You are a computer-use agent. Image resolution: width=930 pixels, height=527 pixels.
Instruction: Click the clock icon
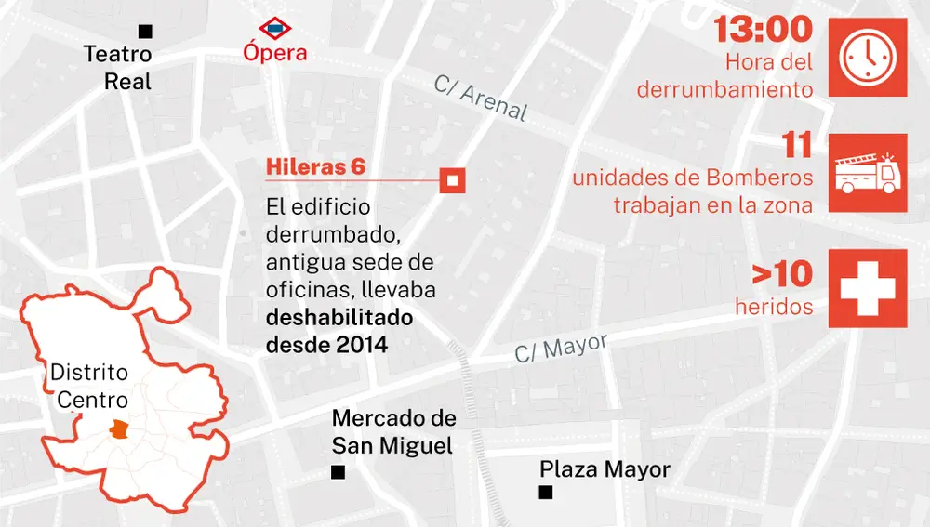click(868, 57)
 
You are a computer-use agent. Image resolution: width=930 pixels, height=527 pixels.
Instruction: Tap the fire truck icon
click(868, 173)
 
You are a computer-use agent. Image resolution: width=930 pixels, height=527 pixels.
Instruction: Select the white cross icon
click(868, 287)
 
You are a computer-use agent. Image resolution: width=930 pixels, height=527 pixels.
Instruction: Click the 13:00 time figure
click(763, 30)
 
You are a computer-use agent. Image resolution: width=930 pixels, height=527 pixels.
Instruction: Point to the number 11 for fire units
click(798, 146)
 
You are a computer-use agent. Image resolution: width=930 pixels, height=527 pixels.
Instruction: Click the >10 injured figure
click(782, 274)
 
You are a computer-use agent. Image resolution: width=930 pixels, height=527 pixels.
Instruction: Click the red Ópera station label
click(275, 53)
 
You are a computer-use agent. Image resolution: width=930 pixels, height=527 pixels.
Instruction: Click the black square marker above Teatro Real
click(144, 32)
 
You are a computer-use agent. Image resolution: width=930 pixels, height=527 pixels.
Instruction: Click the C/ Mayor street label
click(562, 349)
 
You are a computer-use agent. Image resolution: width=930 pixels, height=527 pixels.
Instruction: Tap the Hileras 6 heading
click(315, 167)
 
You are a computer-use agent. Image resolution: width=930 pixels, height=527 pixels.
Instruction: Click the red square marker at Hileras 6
click(452, 180)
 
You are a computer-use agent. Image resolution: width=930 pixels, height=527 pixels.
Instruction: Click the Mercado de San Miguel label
click(393, 432)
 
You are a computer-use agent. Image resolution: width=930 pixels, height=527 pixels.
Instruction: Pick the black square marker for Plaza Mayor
click(546, 493)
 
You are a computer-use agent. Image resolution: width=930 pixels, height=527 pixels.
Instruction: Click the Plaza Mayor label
click(604, 469)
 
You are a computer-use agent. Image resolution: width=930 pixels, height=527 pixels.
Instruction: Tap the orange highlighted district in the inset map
click(118, 428)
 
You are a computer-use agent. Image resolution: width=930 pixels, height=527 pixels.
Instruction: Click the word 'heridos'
click(774, 305)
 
